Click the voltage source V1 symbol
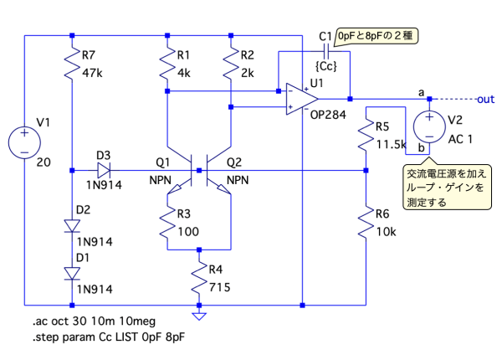(26, 141)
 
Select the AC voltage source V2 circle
(429, 126)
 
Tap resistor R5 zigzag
(366, 136)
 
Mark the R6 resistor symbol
(366, 222)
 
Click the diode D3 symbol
(104, 168)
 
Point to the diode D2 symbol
(73, 225)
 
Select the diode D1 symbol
(73, 272)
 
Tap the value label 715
(220, 286)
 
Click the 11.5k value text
(391, 144)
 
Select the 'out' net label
(485, 98)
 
